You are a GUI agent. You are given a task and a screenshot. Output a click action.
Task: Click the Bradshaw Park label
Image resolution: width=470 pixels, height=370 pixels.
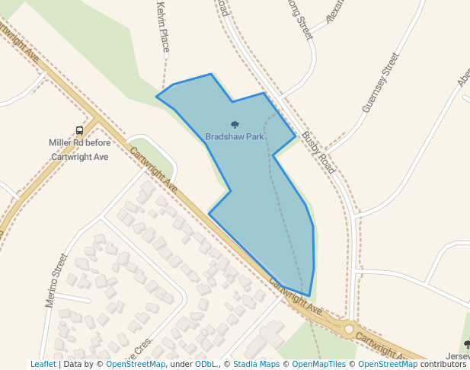point(235,137)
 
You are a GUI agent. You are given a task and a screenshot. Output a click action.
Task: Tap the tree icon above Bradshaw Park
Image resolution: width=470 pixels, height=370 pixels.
point(235,125)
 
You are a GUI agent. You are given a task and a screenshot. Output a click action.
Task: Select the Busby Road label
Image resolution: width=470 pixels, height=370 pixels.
point(318,152)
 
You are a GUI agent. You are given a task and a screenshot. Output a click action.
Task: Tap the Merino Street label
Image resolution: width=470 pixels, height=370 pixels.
point(56,280)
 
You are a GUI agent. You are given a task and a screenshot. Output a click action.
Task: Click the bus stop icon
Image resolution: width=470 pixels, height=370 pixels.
point(80,130)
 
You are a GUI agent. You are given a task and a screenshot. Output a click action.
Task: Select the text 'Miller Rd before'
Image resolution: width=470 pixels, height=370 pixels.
point(79,142)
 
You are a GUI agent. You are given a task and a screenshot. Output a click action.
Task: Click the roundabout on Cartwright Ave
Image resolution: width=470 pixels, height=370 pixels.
point(349,329)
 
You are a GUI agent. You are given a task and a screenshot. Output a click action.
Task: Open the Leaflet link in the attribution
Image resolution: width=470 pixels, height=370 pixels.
point(43,365)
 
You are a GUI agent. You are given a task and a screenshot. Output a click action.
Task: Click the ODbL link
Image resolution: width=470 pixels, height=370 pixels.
point(206,365)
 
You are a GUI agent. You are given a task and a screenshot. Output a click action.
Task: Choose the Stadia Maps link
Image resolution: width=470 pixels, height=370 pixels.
point(255,365)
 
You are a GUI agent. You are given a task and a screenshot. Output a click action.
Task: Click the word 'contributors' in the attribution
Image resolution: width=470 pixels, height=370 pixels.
point(443,365)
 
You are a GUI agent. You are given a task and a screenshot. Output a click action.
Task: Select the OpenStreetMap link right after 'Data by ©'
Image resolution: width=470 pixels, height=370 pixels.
point(136,365)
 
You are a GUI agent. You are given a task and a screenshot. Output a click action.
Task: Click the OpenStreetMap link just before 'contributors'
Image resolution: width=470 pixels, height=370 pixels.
point(388,365)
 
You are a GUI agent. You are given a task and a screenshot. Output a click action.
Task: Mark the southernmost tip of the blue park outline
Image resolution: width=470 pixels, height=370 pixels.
point(309,296)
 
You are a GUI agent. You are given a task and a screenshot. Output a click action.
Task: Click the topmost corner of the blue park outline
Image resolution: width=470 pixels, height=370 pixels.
point(211,74)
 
